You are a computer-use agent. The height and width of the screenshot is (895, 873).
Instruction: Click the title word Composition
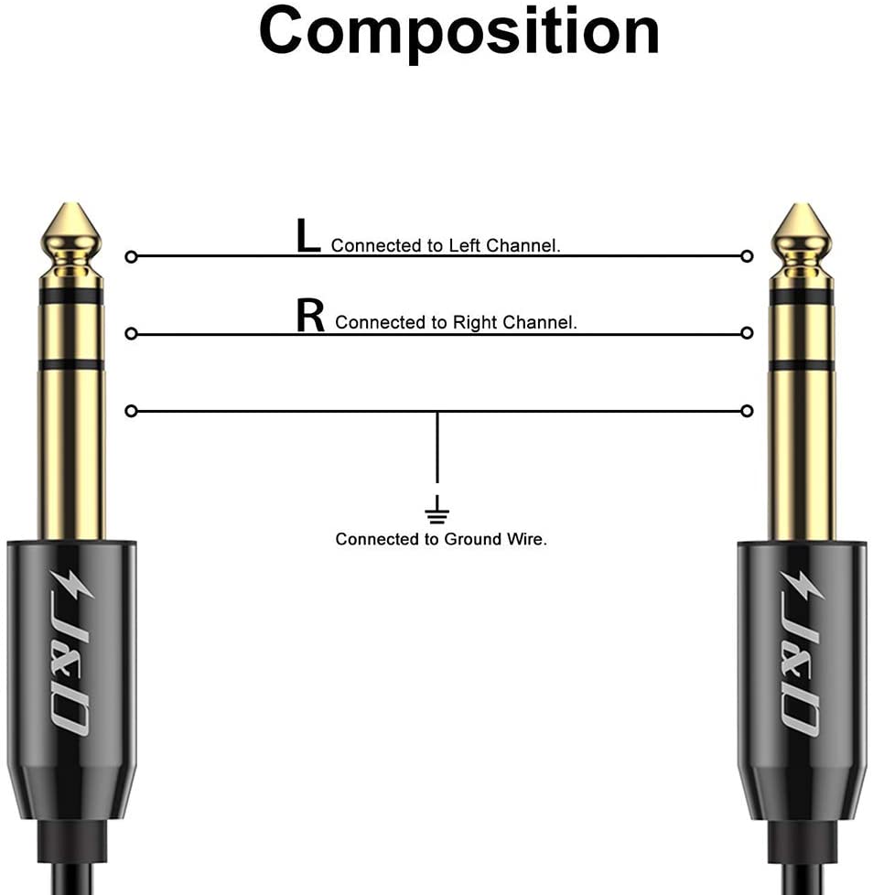coord(458,32)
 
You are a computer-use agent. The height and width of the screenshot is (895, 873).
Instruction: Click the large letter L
coord(308,236)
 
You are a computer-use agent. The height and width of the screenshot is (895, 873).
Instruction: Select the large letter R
coord(311,315)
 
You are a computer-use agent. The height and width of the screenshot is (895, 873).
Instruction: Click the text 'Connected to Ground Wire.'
coord(441,539)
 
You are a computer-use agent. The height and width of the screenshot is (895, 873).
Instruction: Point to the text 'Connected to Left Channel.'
coord(446,245)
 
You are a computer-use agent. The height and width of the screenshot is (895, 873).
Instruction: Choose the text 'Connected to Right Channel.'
coord(456,322)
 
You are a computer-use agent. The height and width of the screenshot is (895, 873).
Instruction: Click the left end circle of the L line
coord(131,257)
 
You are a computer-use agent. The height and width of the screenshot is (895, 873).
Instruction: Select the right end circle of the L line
coord(748,256)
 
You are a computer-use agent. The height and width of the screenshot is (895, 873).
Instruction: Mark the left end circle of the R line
coord(131,334)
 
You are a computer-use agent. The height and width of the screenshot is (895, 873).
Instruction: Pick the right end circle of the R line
coord(748,333)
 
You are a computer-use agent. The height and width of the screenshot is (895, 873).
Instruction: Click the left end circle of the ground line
coord(131,411)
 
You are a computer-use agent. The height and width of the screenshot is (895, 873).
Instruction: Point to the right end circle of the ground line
coord(748,411)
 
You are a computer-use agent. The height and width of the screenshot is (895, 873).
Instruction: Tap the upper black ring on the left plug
coord(71,296)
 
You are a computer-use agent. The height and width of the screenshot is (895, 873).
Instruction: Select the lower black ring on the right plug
coord(801,365)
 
